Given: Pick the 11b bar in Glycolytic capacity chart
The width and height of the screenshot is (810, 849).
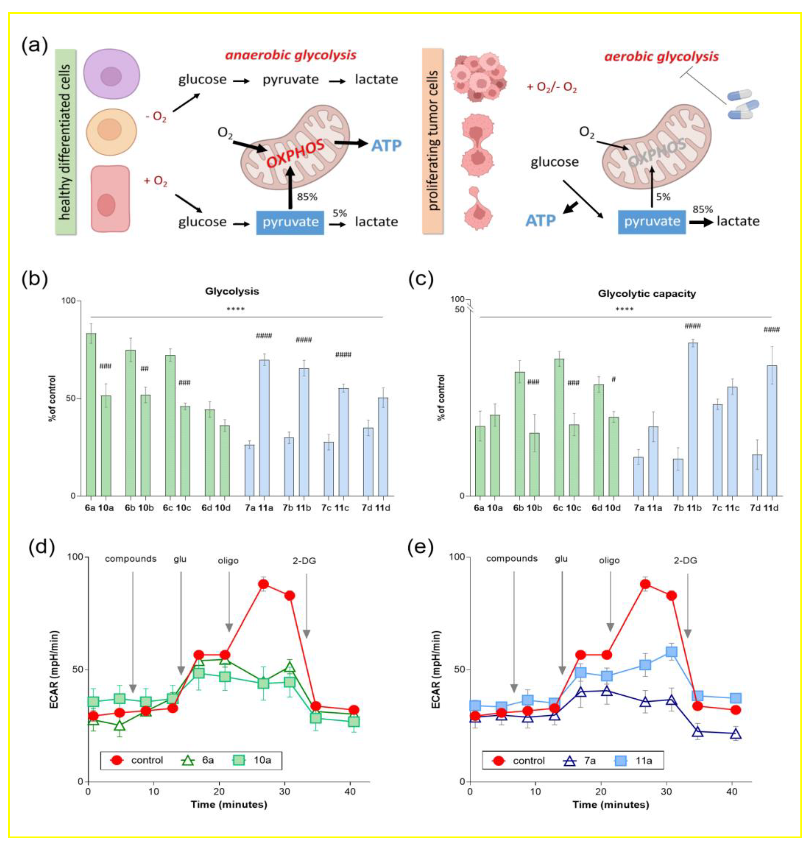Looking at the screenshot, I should pyautogui.click(x=692, y=419).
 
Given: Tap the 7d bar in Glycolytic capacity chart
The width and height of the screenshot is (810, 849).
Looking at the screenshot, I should pyautogui.click(x=757, y=475).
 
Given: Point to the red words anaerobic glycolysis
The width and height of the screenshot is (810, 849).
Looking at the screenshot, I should pyautogui.click(x=291, y=55).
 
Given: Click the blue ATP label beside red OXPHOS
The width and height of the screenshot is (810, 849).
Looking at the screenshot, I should pyautogui.click(x=386, y=146).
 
